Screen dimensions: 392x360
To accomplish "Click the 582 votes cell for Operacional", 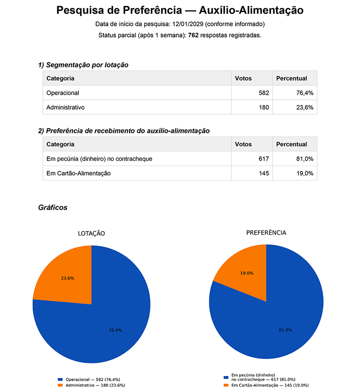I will (263, 93).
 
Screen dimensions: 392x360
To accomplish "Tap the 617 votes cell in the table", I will (263, 159).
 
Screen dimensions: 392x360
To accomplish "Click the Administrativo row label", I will (66, 107).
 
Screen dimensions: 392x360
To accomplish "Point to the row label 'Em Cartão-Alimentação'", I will (78, 173).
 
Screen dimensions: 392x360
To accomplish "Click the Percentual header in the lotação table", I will (292, 78).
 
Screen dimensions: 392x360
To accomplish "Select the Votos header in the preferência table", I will (243, 144).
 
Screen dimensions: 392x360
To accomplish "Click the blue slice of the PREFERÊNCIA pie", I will (274, 324).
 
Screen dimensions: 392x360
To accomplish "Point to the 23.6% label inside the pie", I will (67, 278).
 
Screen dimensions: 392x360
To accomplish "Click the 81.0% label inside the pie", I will (285, 330).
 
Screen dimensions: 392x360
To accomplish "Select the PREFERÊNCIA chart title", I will (266, 233).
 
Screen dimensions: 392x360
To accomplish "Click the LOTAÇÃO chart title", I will (91, 234).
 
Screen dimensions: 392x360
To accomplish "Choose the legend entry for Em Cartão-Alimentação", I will (265, 385).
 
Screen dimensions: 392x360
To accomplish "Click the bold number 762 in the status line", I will (193, 35).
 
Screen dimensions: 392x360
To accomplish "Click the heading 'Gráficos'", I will (53, 207).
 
